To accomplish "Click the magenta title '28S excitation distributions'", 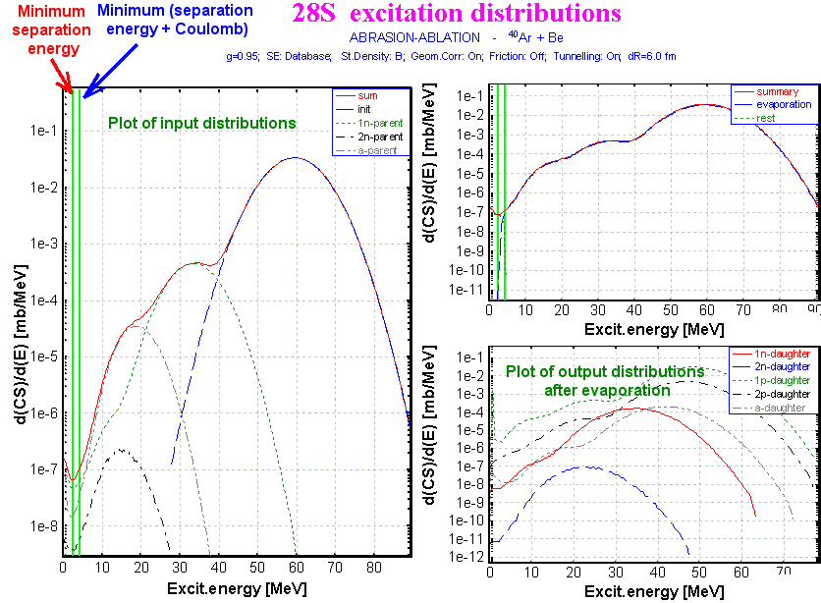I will click(456, 14).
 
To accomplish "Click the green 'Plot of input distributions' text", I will click(201, 124).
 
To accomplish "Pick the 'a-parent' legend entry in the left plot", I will click(379, 150).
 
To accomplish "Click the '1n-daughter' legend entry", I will click(782, 353).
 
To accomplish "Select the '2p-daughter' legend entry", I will click(782, 393).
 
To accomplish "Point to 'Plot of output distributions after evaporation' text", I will click(605, 381).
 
